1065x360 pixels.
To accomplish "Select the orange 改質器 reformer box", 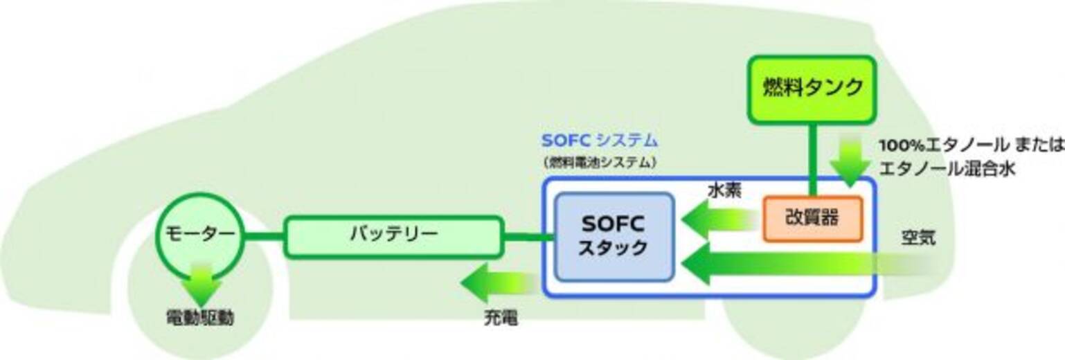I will [x=813, y=219].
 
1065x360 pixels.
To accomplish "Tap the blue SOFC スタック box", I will [x=614, y=237].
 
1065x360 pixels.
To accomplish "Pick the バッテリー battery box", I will [x=393, y=236].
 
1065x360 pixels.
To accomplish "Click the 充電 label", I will [x=500, y=319].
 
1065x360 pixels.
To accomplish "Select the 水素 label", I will [x=724, y=191].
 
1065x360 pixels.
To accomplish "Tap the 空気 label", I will [x=919, y=239].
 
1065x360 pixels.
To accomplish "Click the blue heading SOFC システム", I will [x=599, y=141].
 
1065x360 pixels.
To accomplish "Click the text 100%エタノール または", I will [x=970, y=147].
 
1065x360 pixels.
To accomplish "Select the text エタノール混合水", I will [x=947, y=168].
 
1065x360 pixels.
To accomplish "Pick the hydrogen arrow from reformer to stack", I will [x=717, y=220].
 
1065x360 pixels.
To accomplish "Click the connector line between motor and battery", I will [x=264, y=236].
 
